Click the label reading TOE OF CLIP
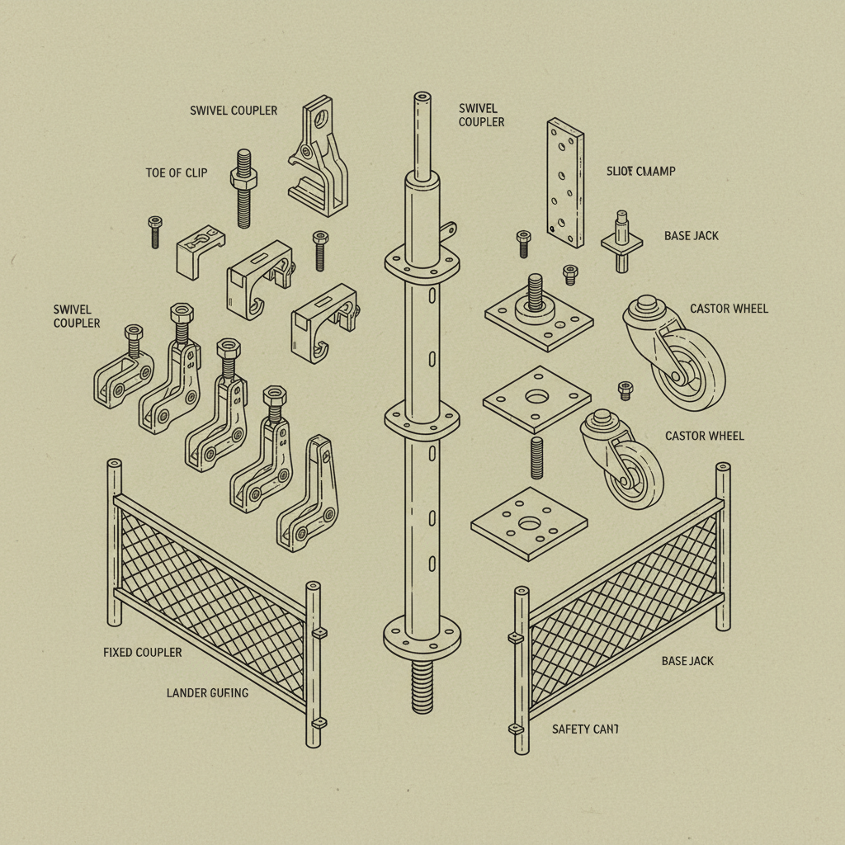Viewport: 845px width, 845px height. click(176, 172)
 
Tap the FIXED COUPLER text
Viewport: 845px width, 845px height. click(142, 652)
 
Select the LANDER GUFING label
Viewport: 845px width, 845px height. click(207, 692)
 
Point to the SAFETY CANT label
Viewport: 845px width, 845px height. click(584, 729)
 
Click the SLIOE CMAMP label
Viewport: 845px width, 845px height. click(640, 171)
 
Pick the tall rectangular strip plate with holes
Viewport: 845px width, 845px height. click(565, 182)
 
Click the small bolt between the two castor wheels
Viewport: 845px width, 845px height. click(625, 389)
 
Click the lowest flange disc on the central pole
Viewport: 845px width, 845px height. click(421, 635)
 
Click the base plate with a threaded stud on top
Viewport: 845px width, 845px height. click(539, 318)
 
